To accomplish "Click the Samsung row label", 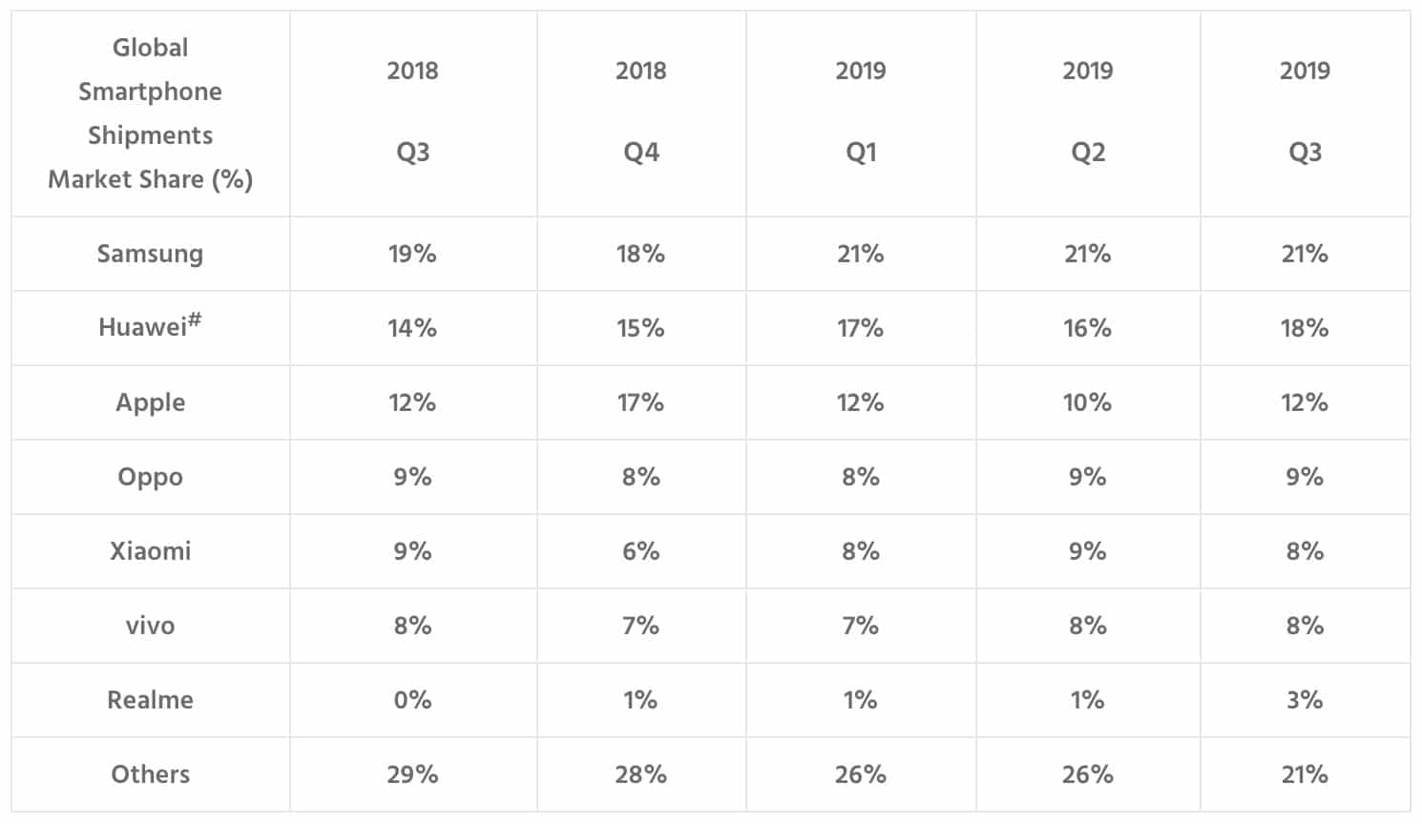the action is click(x=150, y=254).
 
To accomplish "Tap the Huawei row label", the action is click(x=150, y=326).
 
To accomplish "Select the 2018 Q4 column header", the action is click(x=641, y=111).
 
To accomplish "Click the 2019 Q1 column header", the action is click(x=861, y=111).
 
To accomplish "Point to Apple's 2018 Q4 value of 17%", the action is click(x=641, y=402).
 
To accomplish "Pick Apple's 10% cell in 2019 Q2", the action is click(x=1087, y=402).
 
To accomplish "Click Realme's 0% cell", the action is click(x=412, y=700).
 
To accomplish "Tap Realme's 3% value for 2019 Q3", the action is click(x=1305, y=700).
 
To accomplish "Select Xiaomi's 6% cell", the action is click(x=641, y=551).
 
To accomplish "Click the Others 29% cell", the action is click(x=412, y=774).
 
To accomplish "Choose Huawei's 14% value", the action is click(x=412, y=328).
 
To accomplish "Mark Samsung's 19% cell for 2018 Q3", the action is click(x=412, y=254).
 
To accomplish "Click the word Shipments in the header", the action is click(x=151, y=135).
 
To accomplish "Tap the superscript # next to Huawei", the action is click(x=195, y=319).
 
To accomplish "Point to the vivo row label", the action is click(x=150, y=626).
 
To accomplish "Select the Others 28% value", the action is click(x=641, y=774).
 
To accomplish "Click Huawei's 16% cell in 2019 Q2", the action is click(x=1087, y=328).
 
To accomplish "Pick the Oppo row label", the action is click(x=150, y=477).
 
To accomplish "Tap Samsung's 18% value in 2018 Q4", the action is click(x=641, y=254).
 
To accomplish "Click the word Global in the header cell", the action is click(x=151, y=48).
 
